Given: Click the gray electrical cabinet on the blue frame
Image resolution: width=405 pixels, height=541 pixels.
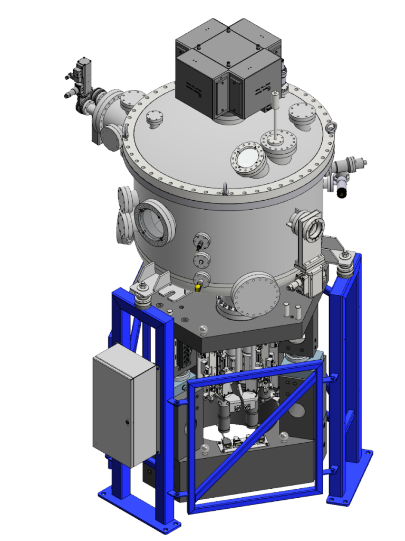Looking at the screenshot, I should (125, 404).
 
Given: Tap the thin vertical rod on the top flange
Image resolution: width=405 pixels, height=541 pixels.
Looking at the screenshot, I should (275, 114).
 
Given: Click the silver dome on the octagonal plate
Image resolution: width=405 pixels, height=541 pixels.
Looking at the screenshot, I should (204, 331).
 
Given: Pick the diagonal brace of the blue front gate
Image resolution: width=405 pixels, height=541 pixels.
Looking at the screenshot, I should (253, 433).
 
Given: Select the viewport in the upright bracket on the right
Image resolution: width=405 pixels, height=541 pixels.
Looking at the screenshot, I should (315, 228).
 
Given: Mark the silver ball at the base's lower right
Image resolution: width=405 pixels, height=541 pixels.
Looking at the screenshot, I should (284, 436).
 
